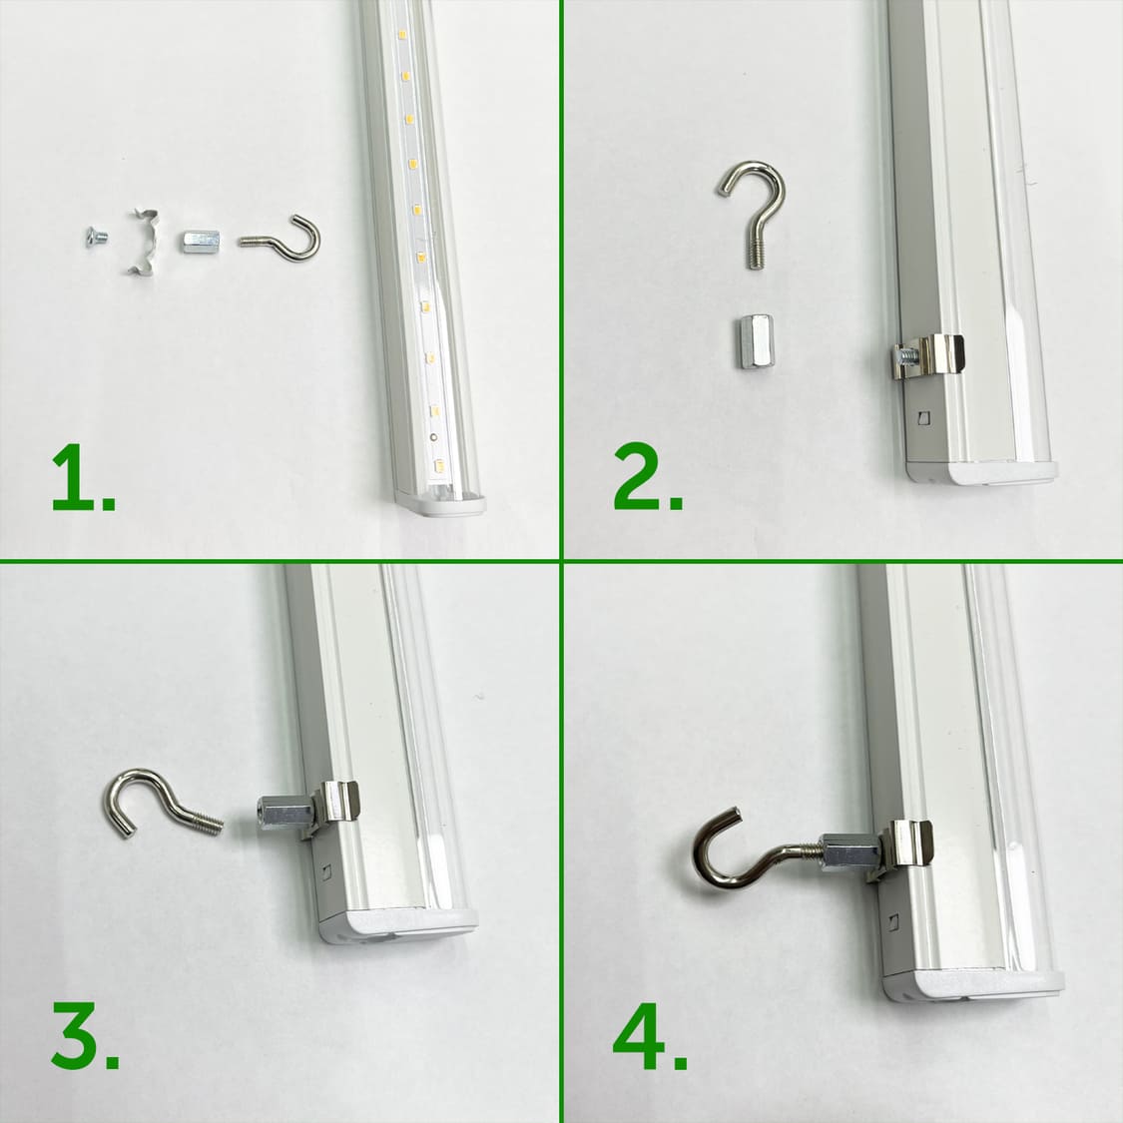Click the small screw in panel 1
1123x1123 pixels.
tap(96, 237)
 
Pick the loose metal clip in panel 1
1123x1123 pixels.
tap(143, 243)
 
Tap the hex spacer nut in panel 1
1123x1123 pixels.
tap(201, 242)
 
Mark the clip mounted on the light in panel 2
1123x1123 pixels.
tap(931, 357)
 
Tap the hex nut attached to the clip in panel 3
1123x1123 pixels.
tap(283, 814)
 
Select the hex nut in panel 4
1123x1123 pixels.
tap(849, 852)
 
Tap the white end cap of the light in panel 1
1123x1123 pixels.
tap(440, 503)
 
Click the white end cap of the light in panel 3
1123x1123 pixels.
tap(398, 926)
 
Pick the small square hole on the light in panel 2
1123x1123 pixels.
tap(924, 417)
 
